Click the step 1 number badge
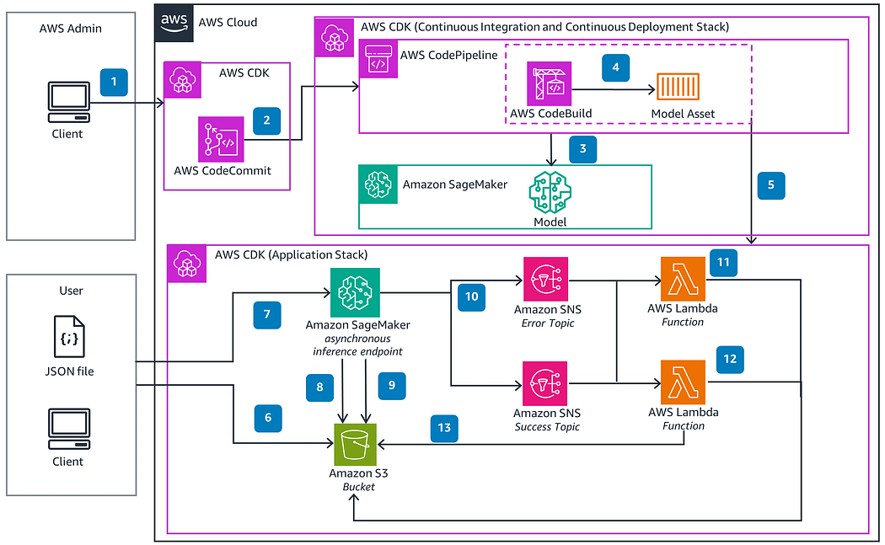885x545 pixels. (x=114, y=82)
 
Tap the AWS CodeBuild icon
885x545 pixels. (x=549, y=83)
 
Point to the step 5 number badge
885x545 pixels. (x=770, y=185)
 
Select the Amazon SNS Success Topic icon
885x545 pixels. (x=546, y=383)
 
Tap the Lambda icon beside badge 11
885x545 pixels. (x=683, y=280)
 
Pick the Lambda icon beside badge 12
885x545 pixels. (x=683, y=383)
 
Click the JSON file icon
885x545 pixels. (x=68, y=337)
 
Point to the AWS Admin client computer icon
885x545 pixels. (x=68, y=103)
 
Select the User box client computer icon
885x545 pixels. (x=68, y=429)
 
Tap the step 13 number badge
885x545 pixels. (x=444, y=428)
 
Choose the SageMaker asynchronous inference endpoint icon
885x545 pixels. (x=355, y=291)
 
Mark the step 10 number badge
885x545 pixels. (x=470, y=297)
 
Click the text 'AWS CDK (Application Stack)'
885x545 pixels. (x=292, y=254)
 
